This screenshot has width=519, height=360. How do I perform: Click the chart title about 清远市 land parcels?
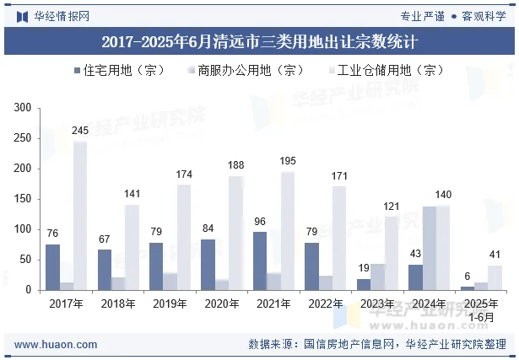[x=259, y=40]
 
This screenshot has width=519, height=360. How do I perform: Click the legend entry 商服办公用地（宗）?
[x=245, y=71]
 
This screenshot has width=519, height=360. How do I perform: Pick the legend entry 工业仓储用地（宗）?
[x=385, y=71]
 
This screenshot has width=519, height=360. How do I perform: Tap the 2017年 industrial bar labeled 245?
[x=80, y=216]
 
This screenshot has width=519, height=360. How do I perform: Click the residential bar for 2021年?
[x=260, y=261]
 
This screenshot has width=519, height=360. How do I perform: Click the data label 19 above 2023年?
[x=365, y=267]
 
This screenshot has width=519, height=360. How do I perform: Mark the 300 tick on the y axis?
[x=23, y=108]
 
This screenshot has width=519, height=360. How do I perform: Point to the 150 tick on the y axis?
[x=23, y=199]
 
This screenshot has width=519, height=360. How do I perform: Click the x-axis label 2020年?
[x=222, y=304]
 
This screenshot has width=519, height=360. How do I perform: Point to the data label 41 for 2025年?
[x=495, y=255]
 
